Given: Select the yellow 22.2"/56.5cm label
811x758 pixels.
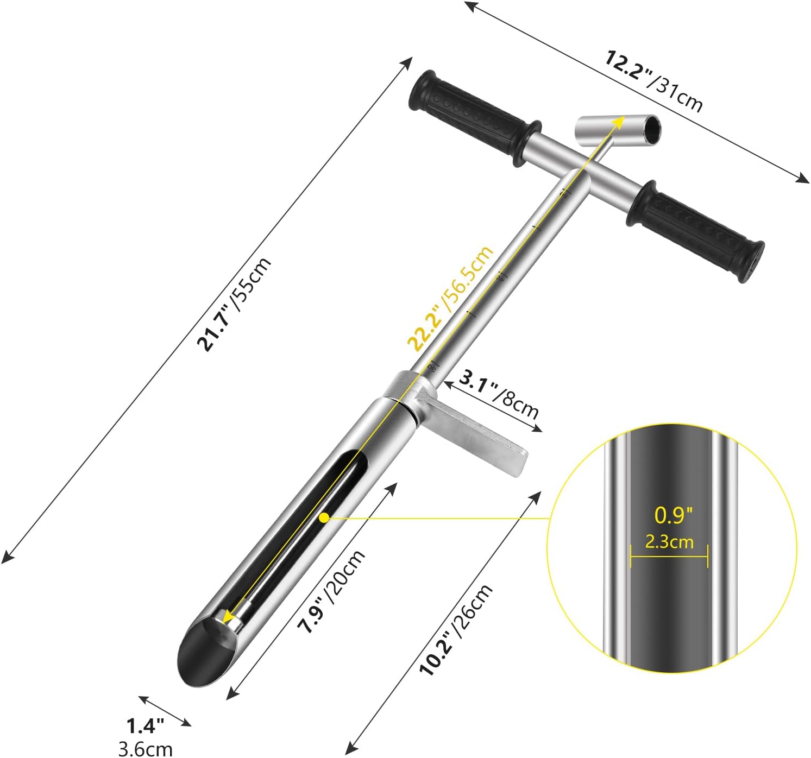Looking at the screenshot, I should click(450, 299).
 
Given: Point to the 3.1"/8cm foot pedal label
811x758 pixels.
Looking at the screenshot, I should click(499, 393).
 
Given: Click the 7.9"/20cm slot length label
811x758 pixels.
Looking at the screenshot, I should click(332, 592).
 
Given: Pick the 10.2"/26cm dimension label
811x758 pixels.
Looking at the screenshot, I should click(456, 630).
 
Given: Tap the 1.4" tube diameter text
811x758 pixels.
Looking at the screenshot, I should click(145, 725).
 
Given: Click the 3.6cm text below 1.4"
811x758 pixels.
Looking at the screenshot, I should click(146, 749).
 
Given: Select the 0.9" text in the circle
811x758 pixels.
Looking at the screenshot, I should click(674, 515).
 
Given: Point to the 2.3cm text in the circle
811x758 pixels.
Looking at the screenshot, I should click(669, 541).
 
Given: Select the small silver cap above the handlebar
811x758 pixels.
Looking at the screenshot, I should click(618, 130).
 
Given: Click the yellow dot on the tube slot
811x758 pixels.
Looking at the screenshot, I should click(324, 518).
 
